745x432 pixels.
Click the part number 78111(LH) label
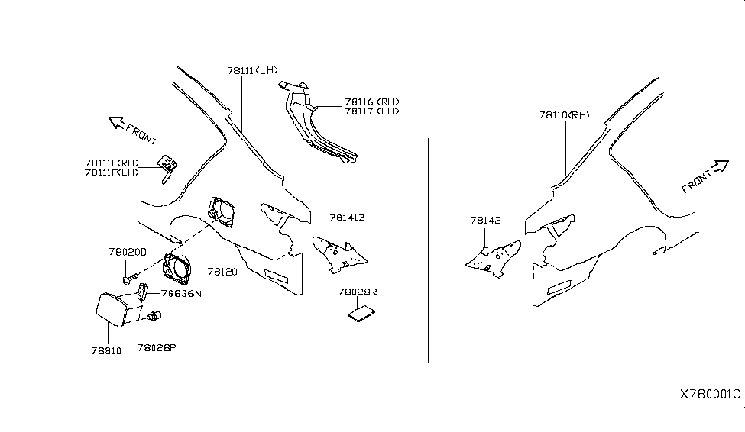[251, 71]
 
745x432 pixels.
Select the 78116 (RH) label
[372, 102]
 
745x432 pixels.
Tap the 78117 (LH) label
[372, 111]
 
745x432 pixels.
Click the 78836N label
[180, 294]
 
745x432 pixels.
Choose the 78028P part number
[157, 347]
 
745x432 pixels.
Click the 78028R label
[357, 292]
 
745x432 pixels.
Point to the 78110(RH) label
[565, 115]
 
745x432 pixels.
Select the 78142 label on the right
[485, 221]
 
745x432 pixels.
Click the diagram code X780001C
[710, 395]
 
